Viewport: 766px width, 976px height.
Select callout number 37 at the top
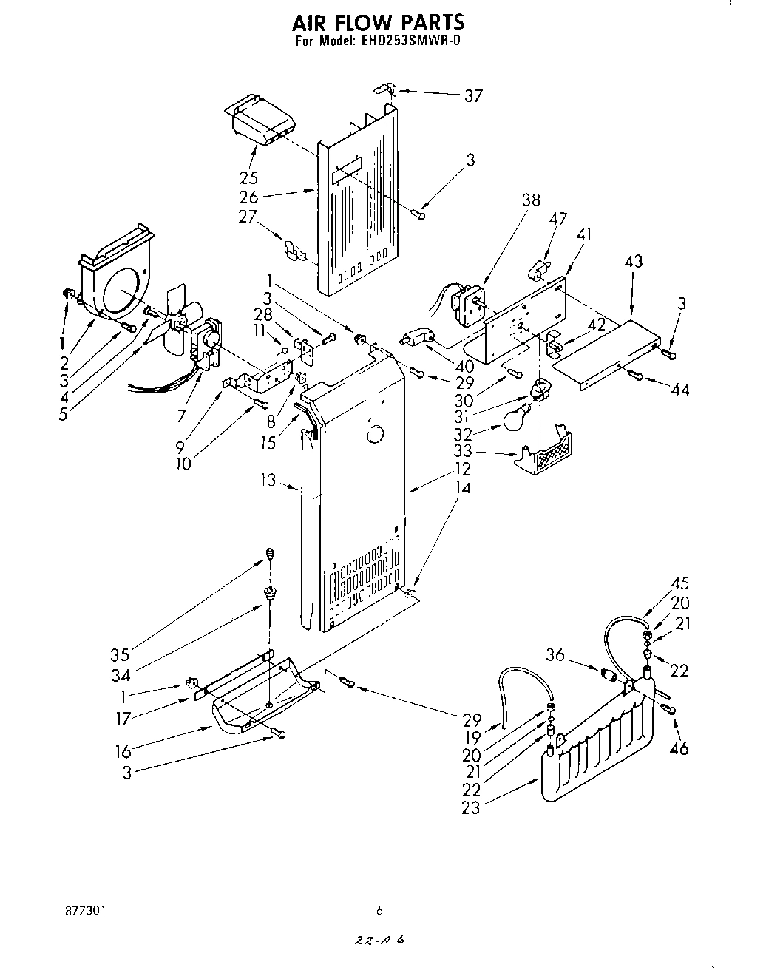click(472, 95)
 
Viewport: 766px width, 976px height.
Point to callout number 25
click(248, 177)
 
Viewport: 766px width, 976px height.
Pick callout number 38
click(530, 200)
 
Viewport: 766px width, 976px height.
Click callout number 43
click(633, 262)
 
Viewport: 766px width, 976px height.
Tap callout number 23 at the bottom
click(470, 808)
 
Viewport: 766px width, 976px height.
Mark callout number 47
click(558, 218)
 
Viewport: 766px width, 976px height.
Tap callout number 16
click(123, 752)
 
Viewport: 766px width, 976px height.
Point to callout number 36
click(557, 654)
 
